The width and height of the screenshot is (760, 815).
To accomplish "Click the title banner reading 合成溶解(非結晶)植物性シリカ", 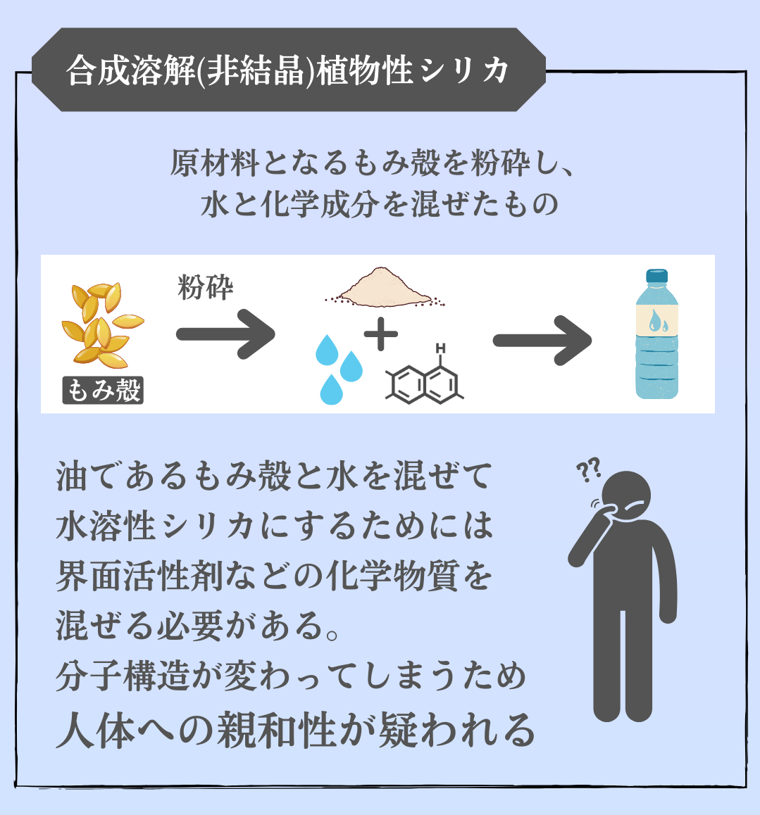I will [x=289, y=70].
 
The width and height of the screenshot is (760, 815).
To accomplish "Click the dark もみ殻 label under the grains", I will [x=103, y=390].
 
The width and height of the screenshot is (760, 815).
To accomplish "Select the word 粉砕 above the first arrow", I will [x=205, y=287].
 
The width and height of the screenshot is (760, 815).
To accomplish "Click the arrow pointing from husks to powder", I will [x=224, y=334].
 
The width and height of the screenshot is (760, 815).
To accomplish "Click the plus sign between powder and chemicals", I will [x=381, y=334].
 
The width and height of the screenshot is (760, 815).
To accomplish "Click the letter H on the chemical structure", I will [x=440, y=348].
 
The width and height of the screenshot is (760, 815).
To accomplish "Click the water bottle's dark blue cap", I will [x=656, y=277].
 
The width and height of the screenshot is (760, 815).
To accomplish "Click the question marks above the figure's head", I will [x=588, y=469].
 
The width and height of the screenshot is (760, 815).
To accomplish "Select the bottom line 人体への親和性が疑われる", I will [x=296, y=731].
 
